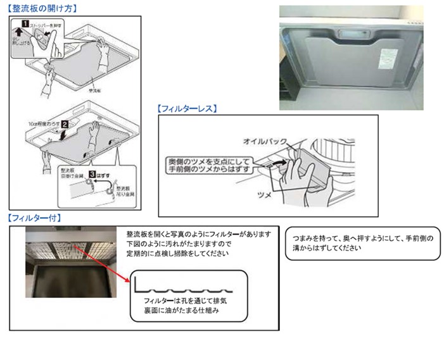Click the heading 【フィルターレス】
(x=187, y=108)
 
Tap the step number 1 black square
(x=25, y=23)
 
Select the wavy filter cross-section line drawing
(x=187, y=284)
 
